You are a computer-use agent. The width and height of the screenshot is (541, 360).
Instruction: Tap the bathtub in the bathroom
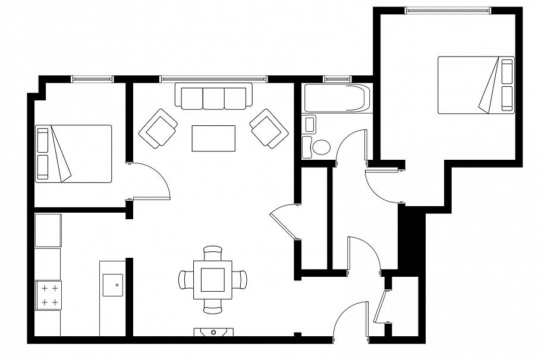pos(337,99)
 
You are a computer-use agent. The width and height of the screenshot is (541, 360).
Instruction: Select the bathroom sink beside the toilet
pos(310,125)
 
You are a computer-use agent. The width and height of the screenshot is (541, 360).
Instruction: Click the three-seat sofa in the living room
pos(214,98)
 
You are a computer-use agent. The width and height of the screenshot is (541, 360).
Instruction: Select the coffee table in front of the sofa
pos(213,138)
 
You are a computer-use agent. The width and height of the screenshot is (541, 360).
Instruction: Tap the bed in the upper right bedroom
pos(476,85)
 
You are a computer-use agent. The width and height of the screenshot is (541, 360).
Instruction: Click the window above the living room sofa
pos(213,78)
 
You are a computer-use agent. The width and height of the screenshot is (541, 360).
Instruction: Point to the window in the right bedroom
pos(448,10)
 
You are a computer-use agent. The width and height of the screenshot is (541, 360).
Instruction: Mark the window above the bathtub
pos(337,78)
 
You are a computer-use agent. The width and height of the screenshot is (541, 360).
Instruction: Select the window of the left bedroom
pos(92,78)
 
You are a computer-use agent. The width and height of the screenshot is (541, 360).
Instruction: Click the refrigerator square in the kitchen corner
pos(48,230)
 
